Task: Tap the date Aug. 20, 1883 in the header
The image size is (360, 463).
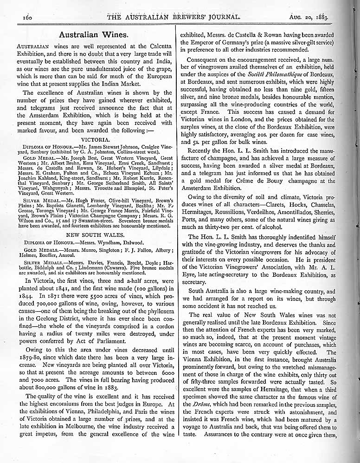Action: click(x=309, y=17)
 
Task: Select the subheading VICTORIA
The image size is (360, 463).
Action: click(x=95, y=139)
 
